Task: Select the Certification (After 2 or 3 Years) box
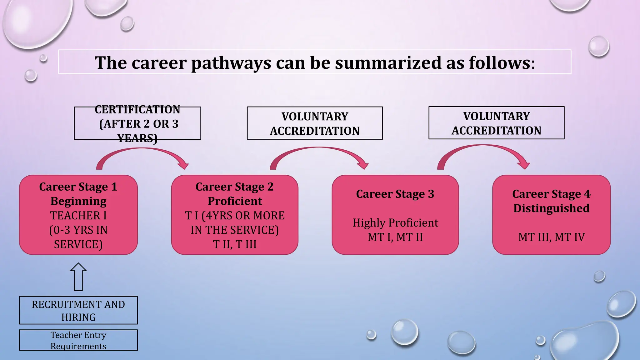click(x=137, y=123)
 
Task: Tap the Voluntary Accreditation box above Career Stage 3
click(x=315, y=123)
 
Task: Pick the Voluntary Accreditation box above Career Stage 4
click(x=496, y=123)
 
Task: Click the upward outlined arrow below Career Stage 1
click(x=78, y=277)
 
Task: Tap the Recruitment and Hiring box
click(x=78, y=310)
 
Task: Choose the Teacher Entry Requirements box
click(x=78, y=340)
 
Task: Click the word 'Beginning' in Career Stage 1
click(x=78, y=201)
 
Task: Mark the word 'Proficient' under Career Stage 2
click(x=235, y=201)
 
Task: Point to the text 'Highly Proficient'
click(x=395, y=223)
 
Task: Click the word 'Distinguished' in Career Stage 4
click(x=552, y=208)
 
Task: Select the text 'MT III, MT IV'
click(x=552, y=237)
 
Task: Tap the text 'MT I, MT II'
click(x=395, y=237)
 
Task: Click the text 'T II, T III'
click(x=235, y=244)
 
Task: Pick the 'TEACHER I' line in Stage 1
click(x=78, y=216)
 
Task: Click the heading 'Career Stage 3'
click(x=395, y=194)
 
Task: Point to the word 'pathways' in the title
click(x=231, y=63)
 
